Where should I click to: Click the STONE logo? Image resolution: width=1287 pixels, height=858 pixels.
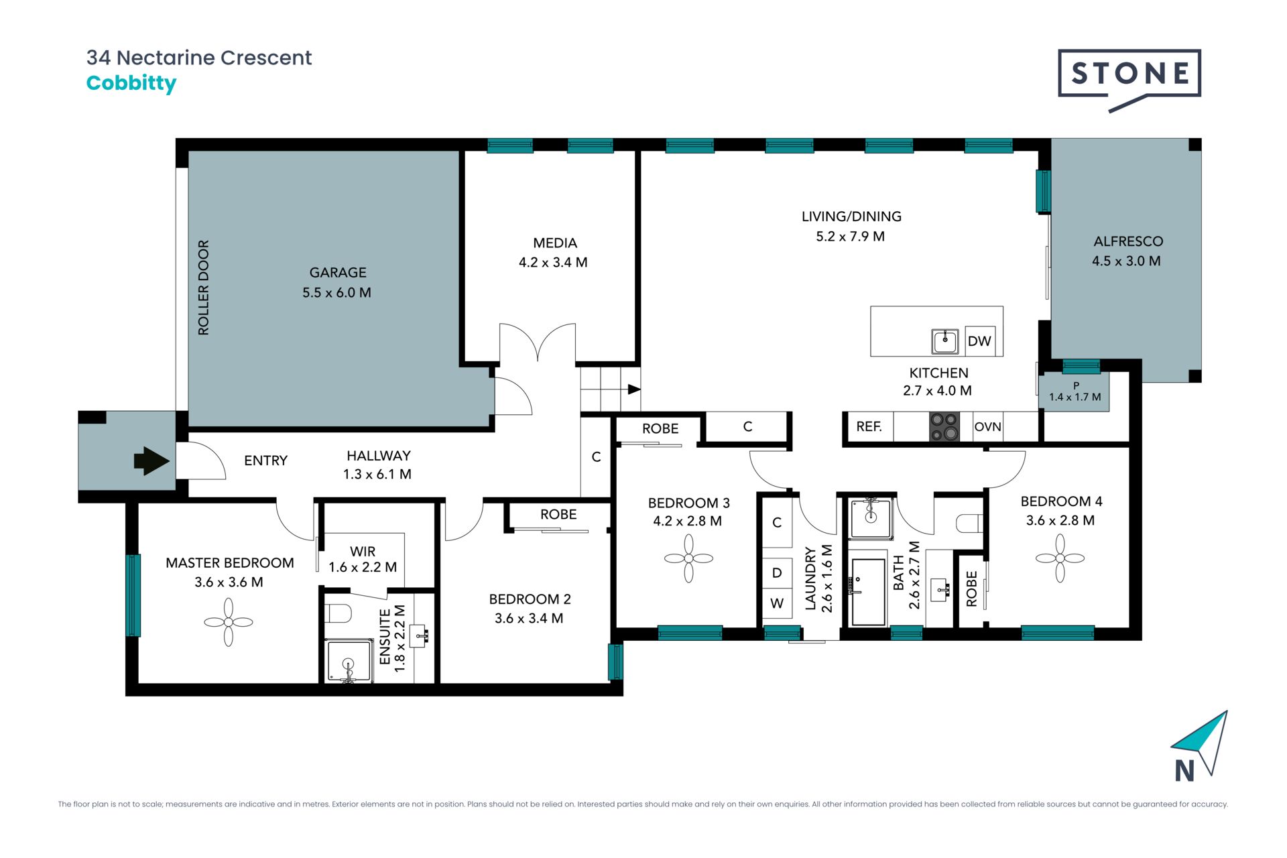point(1129,79)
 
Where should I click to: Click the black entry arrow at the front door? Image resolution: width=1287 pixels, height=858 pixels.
point(151,461)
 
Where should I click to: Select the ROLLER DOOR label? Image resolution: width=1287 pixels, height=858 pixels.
point(203,288)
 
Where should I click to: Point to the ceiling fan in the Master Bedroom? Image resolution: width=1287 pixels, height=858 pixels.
point(229,622)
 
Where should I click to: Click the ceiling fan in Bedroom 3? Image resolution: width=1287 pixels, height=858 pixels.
point(688,558)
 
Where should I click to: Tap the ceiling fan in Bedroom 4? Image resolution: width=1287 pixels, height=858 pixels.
point(1060,558)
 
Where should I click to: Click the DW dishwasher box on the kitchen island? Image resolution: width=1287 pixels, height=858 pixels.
point(979,341)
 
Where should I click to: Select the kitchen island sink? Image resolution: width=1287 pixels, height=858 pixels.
point(945,341)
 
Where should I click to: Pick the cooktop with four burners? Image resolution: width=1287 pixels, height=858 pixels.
point(944,426)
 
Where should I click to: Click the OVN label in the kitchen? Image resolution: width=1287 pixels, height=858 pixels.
point(987,427)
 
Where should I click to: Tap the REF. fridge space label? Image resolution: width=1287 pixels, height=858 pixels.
point(869,426)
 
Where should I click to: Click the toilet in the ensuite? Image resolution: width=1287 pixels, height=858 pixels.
point(339,612)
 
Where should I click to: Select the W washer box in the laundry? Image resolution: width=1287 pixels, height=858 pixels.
point(777,603)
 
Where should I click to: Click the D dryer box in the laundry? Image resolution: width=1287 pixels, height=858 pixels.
point(777,572)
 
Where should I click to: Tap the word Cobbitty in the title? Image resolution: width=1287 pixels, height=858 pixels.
point(131,83)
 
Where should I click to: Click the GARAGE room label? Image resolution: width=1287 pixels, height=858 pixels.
point(338,272)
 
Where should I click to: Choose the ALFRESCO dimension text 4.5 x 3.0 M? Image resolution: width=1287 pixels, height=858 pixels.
point(1126,261)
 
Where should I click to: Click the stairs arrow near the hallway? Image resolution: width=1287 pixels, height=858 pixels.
point(634,389)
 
